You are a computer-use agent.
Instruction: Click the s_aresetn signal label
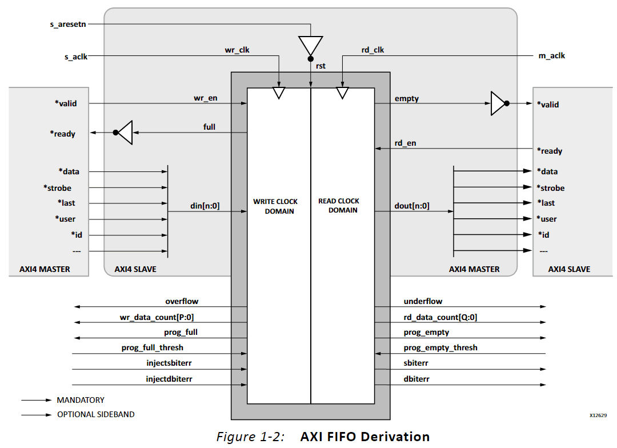point(67,25)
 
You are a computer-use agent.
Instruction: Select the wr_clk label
point(237,50)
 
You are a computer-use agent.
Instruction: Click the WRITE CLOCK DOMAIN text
point(275,206)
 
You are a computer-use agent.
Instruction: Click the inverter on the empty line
point(498,103)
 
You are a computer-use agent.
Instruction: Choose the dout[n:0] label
point(412,206)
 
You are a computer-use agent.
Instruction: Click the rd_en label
point(406,143)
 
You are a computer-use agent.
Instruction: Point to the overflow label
point(182,301)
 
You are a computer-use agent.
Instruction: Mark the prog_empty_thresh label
point(440,347)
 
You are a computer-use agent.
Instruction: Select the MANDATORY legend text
point(81,400)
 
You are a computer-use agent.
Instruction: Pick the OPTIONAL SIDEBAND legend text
point(96,414)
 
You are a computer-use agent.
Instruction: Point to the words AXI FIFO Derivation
point(364,437)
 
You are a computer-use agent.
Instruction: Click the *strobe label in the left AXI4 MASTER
point(58,188)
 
